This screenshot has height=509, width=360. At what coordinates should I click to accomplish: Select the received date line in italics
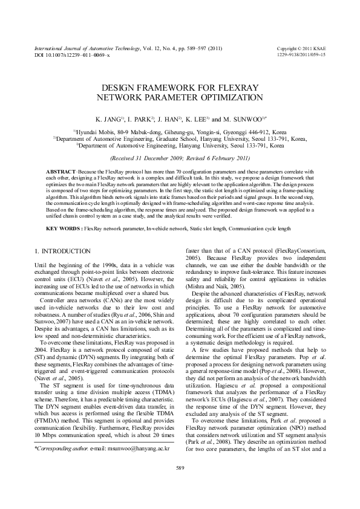pos(180,159)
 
